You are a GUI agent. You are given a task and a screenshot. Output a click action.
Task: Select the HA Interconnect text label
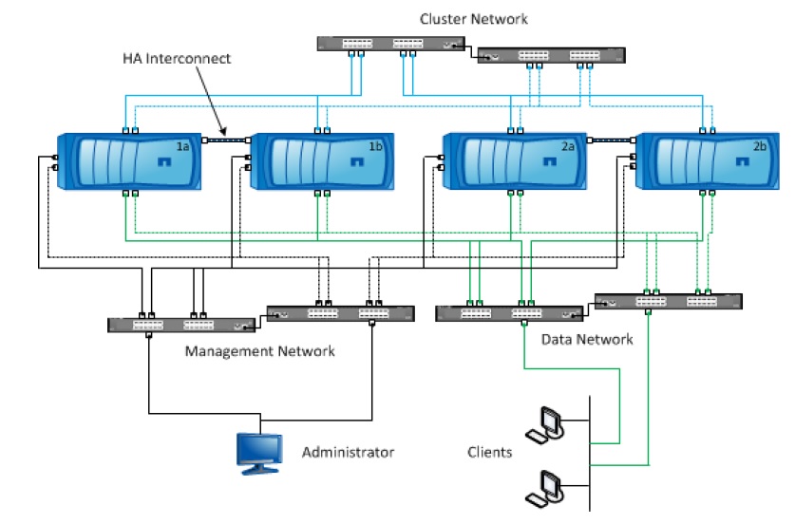177,59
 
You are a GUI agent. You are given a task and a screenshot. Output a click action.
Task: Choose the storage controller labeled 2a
513,163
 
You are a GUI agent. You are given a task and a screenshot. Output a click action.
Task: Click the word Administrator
348,452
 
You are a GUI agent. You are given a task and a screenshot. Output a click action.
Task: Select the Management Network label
259,351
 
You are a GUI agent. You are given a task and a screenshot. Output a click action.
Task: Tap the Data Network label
586,339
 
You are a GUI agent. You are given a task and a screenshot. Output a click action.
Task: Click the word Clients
489,452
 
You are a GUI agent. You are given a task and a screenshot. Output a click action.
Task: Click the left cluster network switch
392,44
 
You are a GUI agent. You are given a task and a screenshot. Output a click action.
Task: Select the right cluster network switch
551,56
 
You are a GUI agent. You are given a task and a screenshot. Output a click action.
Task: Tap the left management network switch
181,324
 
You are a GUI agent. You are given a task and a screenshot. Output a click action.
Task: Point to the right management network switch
340,311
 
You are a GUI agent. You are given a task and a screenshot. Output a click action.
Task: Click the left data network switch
508,312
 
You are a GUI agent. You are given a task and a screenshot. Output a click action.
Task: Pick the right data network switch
668,301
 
